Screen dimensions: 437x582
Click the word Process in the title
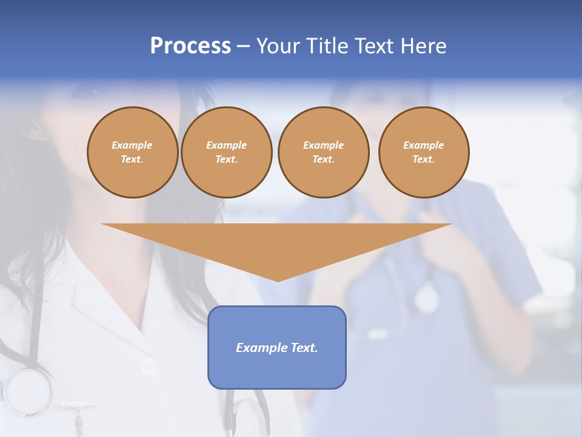click(190, 46)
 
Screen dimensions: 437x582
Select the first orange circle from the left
click(132, 152)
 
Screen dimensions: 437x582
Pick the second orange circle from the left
click(226, 152)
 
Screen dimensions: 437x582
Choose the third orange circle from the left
click(323, 152)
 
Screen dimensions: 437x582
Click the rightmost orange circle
click(424, 152)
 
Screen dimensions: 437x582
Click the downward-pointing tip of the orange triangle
click(278, 279)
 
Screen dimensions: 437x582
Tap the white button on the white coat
click(148, 366)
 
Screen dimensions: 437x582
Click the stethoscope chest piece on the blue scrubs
click(427, 299)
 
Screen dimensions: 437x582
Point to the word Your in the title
click(278, 46)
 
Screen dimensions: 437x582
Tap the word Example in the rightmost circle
click(424, 145)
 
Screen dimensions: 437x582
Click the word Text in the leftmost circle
click(132, 160)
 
